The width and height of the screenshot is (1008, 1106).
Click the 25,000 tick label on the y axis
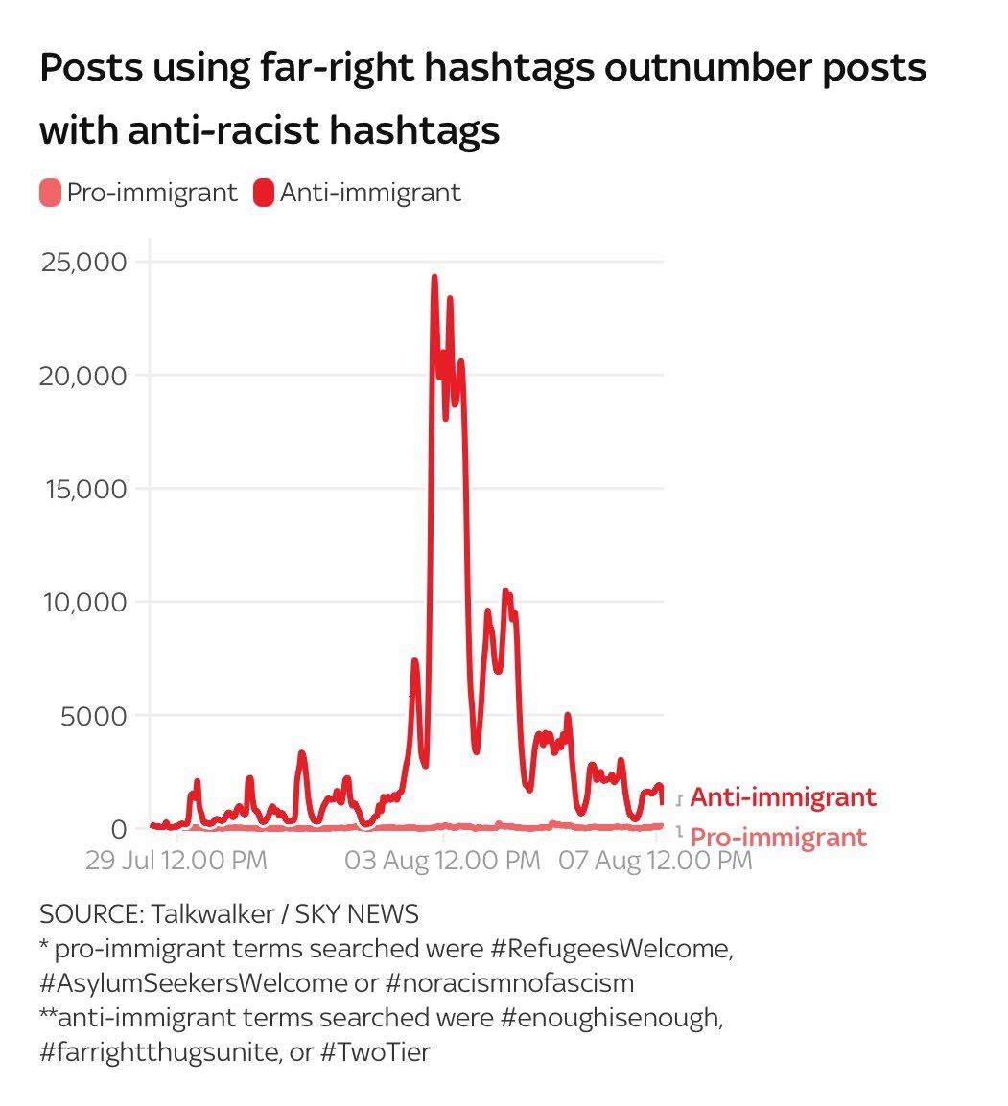click(x=83, y=262)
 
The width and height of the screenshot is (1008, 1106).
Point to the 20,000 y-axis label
click(x=83, y=376)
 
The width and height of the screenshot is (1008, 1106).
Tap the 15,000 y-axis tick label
click(x=83, y=489)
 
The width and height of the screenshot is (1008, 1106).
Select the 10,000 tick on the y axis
click(x=83, y=602)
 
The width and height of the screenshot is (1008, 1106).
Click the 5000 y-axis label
click(x=93, y=715)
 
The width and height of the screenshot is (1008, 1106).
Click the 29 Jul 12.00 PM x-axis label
click(x=176, y=860)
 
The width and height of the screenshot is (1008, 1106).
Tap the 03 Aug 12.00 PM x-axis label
click(x=442, y=860)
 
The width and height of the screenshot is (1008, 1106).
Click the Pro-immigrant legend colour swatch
click(x=50, y=193)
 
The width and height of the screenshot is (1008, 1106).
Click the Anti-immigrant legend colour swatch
click(x=264, y=193)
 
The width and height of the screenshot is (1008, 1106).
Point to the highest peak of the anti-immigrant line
click(x=434, y=277)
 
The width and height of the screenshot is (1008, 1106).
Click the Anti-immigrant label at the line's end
click(x=783, y=796)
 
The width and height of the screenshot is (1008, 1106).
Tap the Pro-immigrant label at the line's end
click(x=778, y=837)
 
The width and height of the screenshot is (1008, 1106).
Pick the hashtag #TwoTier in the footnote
click(x=377, y=1051)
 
